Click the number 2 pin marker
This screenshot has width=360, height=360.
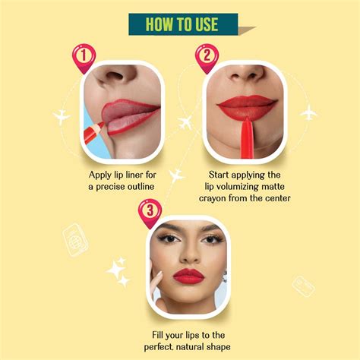pos(204,57)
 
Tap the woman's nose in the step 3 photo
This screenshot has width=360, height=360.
pos(188,254)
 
